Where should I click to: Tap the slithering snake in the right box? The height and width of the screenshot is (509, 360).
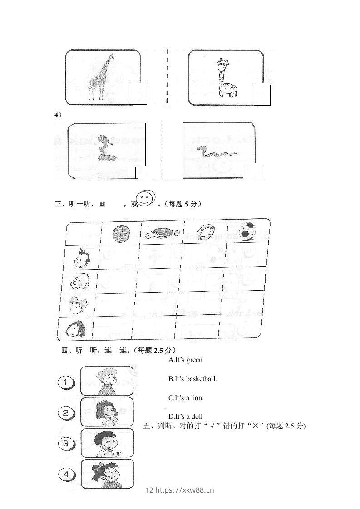214,152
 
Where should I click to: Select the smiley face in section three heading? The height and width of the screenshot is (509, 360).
145,199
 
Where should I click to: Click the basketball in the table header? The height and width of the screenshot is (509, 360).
121,234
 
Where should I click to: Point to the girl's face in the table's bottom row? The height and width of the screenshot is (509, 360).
75,328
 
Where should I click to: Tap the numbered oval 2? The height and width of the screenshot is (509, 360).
66,412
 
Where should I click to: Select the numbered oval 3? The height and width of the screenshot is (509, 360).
66,443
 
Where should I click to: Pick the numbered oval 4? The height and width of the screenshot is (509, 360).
66,474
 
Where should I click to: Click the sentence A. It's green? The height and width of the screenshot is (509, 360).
185,360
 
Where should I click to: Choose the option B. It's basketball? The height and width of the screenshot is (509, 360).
192,378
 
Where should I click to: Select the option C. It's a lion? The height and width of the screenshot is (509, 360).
186,397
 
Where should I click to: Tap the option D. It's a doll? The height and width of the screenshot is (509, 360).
185,416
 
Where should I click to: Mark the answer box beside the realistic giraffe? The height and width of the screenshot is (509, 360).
138,94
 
